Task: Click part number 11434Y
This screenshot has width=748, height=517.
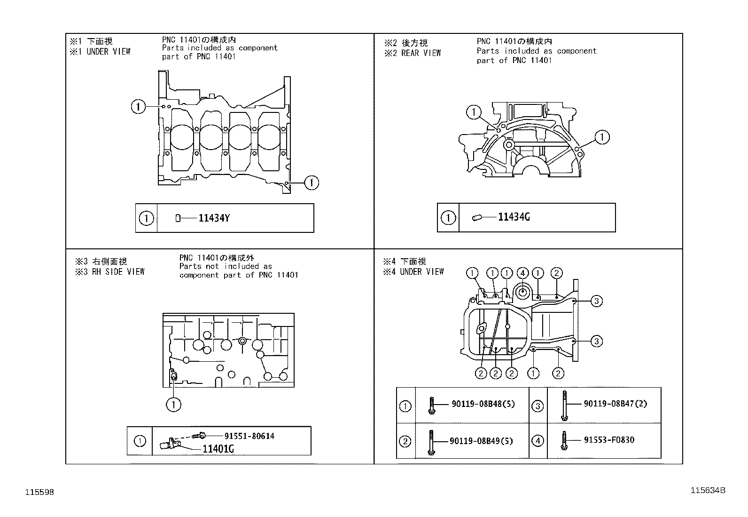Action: coord(214,218)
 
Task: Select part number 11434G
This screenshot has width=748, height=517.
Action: coord(514,217)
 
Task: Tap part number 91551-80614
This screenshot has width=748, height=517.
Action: coord(249,436)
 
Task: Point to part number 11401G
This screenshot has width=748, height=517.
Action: coord(218,449)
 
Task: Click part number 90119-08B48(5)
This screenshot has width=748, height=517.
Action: coord(483,404)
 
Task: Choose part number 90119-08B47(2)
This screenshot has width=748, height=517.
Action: coord(616,404)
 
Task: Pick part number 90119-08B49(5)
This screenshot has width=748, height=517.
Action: coord(481,441)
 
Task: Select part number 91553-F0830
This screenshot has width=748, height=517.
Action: coord(609,440)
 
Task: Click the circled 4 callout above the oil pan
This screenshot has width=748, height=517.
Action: coord(522,273)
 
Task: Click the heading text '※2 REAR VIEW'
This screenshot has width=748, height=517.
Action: coord(413,53)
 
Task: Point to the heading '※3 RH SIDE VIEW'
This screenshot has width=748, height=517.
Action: coord(110,271)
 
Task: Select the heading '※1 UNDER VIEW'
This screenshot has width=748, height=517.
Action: coord(100,51)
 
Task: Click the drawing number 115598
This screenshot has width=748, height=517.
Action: coord(39,492)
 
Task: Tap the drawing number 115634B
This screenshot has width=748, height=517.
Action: coord(708,490)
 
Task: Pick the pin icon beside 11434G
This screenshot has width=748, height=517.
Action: coord(477,217)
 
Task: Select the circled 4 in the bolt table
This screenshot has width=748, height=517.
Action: coord(538,441)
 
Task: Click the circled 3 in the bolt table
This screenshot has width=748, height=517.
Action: coord(538,405)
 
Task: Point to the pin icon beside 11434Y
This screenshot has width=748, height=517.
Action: coord(178,218)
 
